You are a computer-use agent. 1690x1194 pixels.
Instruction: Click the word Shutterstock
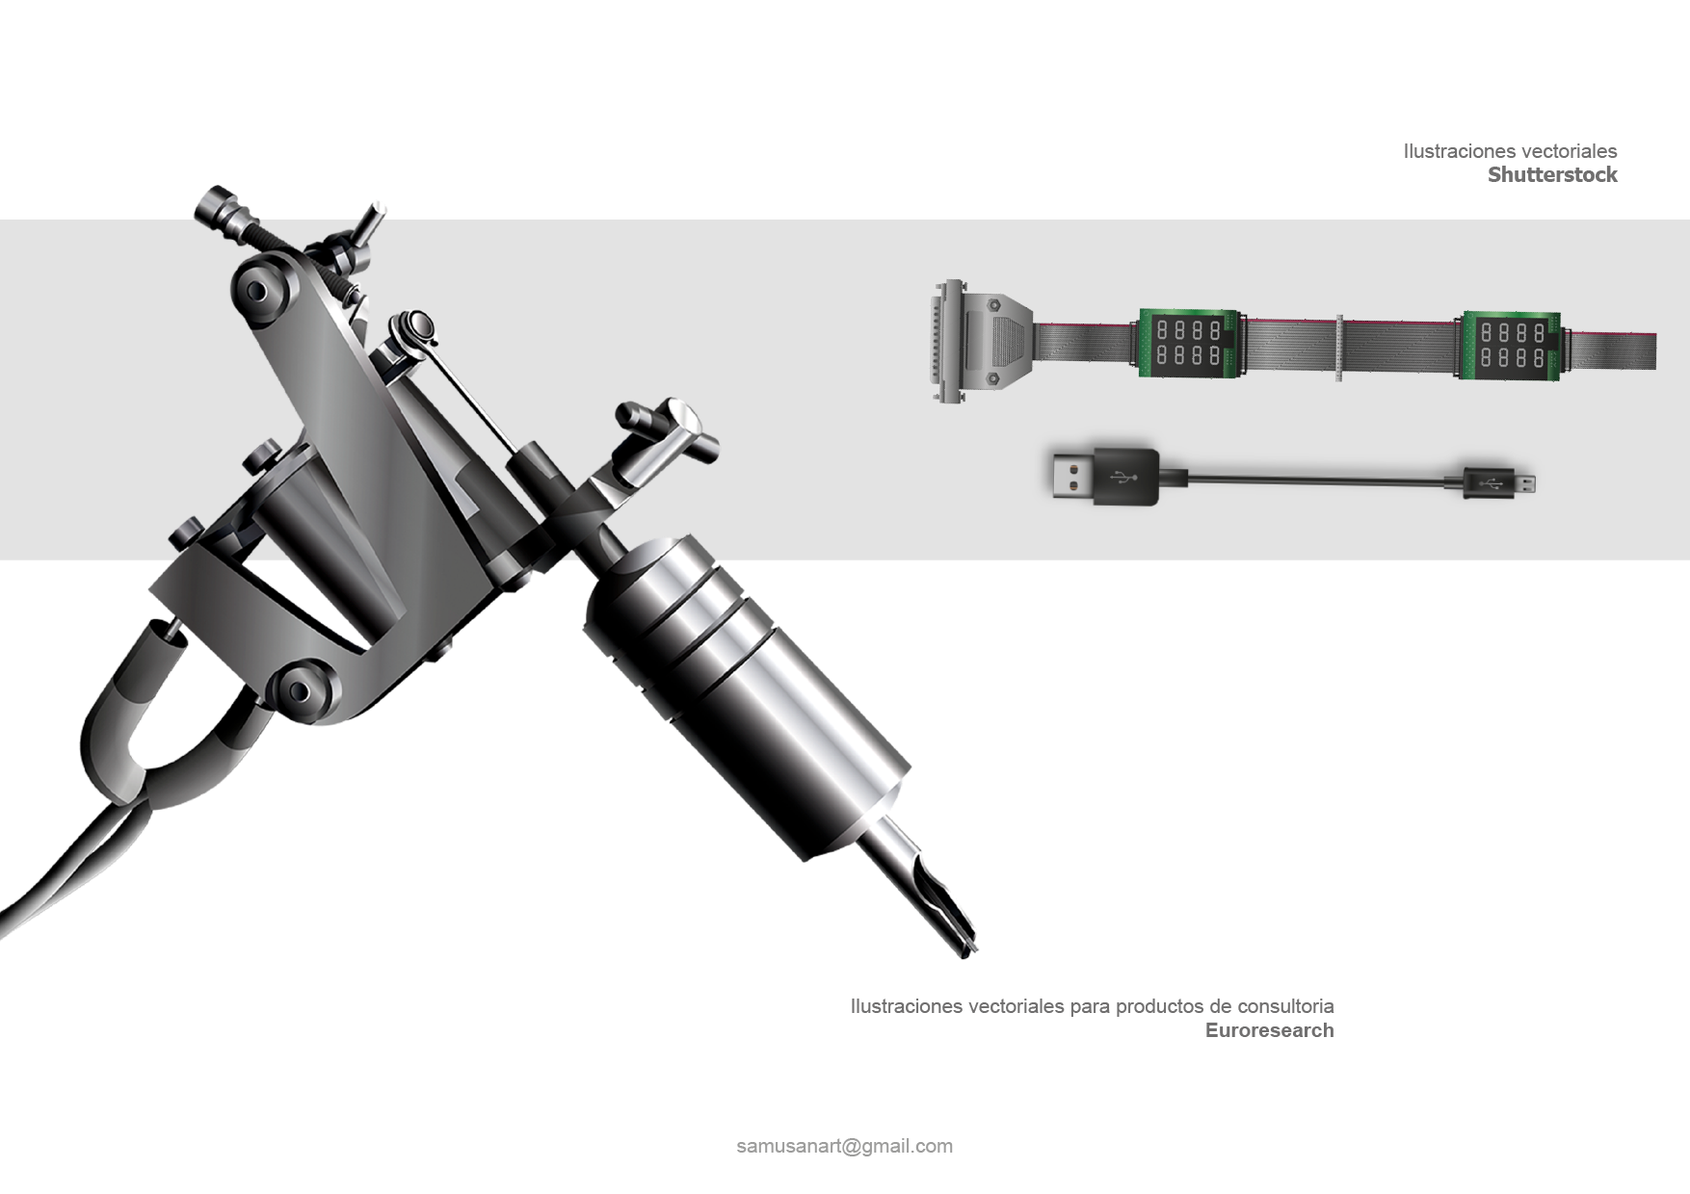coord(1552,174)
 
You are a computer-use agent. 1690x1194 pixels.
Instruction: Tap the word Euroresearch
coord(1269,1030)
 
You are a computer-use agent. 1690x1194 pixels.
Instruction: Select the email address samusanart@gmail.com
coord(844,1146)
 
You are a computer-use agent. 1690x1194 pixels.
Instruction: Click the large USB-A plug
coord(1104,476)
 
